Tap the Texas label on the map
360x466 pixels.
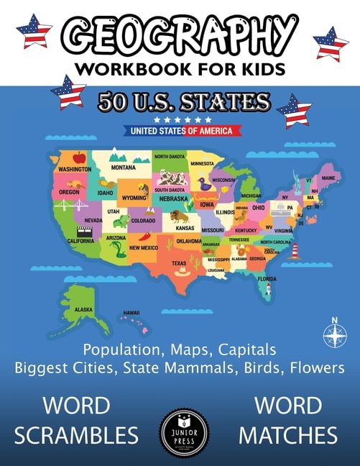[178, 263]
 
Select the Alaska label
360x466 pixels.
[83, 310]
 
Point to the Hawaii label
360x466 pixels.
[131, 313]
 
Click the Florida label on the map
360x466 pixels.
[267, 278]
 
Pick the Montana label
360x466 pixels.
[124, 168]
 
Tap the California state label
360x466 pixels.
[80, 241]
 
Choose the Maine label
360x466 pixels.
[328, 178]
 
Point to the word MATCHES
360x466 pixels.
[288, 434]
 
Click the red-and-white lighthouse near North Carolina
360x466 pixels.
[294, 251]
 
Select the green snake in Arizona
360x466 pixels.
[118, 249]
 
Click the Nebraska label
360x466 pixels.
[174, 198]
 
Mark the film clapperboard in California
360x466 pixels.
[84, 232]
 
